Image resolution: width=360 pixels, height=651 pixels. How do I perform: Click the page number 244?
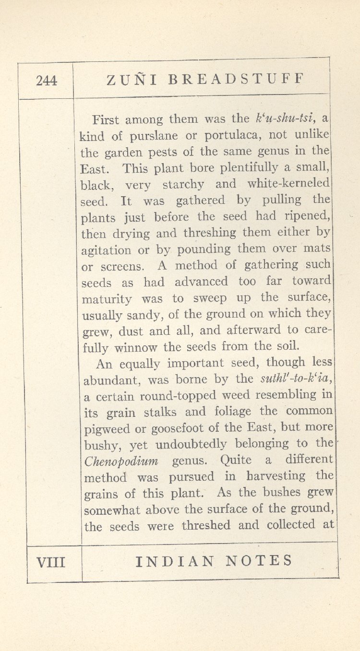coord(47,81)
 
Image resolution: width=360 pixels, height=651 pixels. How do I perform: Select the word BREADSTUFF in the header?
coord(236,79)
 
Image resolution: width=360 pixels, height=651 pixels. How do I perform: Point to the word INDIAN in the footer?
coord(174,561)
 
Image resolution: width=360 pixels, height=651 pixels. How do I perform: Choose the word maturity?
coord(107,299)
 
